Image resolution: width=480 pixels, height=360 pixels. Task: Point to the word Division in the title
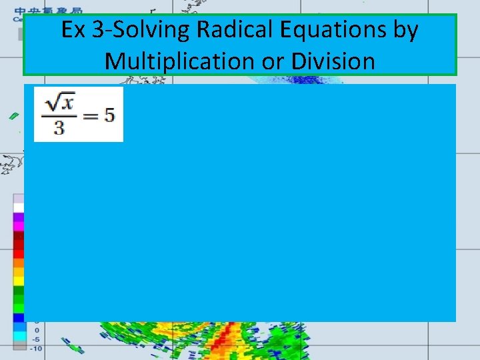pos(329,61)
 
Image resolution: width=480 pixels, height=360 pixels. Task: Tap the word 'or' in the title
pos(271,61)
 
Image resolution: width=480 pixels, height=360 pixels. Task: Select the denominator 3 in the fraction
pos(59,127)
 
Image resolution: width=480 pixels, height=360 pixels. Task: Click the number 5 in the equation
pos(109,115)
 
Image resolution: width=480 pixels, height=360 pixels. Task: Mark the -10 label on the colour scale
pos(36,348)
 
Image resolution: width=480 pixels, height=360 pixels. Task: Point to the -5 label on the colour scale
pos(37,339)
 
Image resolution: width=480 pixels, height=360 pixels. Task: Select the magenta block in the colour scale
pos(19,226)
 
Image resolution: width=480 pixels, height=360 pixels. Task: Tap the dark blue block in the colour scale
pos(19,317)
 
